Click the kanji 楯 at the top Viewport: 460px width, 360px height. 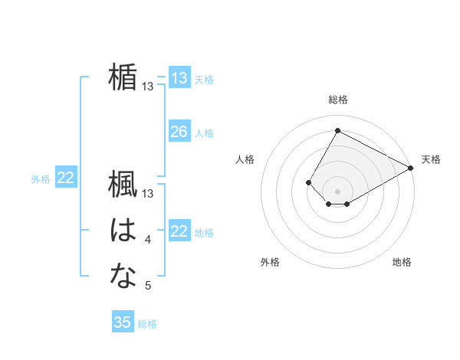(123, 77)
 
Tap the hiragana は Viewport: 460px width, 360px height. (123, 230)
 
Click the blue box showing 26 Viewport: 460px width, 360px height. (179, 132)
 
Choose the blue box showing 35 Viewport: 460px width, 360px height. (123, 322)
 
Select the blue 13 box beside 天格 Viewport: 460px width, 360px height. (179, 78)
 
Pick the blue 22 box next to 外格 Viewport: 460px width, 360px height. (65, 178)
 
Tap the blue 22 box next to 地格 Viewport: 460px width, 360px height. (179, 231)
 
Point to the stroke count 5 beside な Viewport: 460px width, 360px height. (148, 286)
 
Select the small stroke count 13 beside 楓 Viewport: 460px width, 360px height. (148, 194)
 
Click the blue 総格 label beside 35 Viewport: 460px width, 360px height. (147, 324)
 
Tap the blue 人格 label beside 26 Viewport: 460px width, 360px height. (204, 133)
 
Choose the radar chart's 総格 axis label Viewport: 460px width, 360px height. (337, 100)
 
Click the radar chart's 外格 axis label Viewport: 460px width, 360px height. (270, 262)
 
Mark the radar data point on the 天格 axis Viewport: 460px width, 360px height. (411, 168)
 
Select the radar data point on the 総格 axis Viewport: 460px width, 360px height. (337, 130)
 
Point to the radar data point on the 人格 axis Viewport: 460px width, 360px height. (308, 182)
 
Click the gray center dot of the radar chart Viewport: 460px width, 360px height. (337, 191)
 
